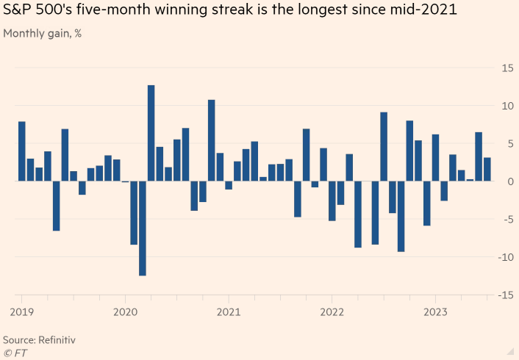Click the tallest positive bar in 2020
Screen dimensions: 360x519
(151, 133)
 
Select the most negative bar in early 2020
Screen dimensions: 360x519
(142, 228)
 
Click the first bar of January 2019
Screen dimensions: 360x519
(22, 151)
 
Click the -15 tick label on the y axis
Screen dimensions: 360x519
(505, 295)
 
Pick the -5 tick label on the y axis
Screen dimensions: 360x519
(507, 219)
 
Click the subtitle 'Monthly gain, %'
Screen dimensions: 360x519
(42, 34)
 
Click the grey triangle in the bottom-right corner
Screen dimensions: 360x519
(509, 350)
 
